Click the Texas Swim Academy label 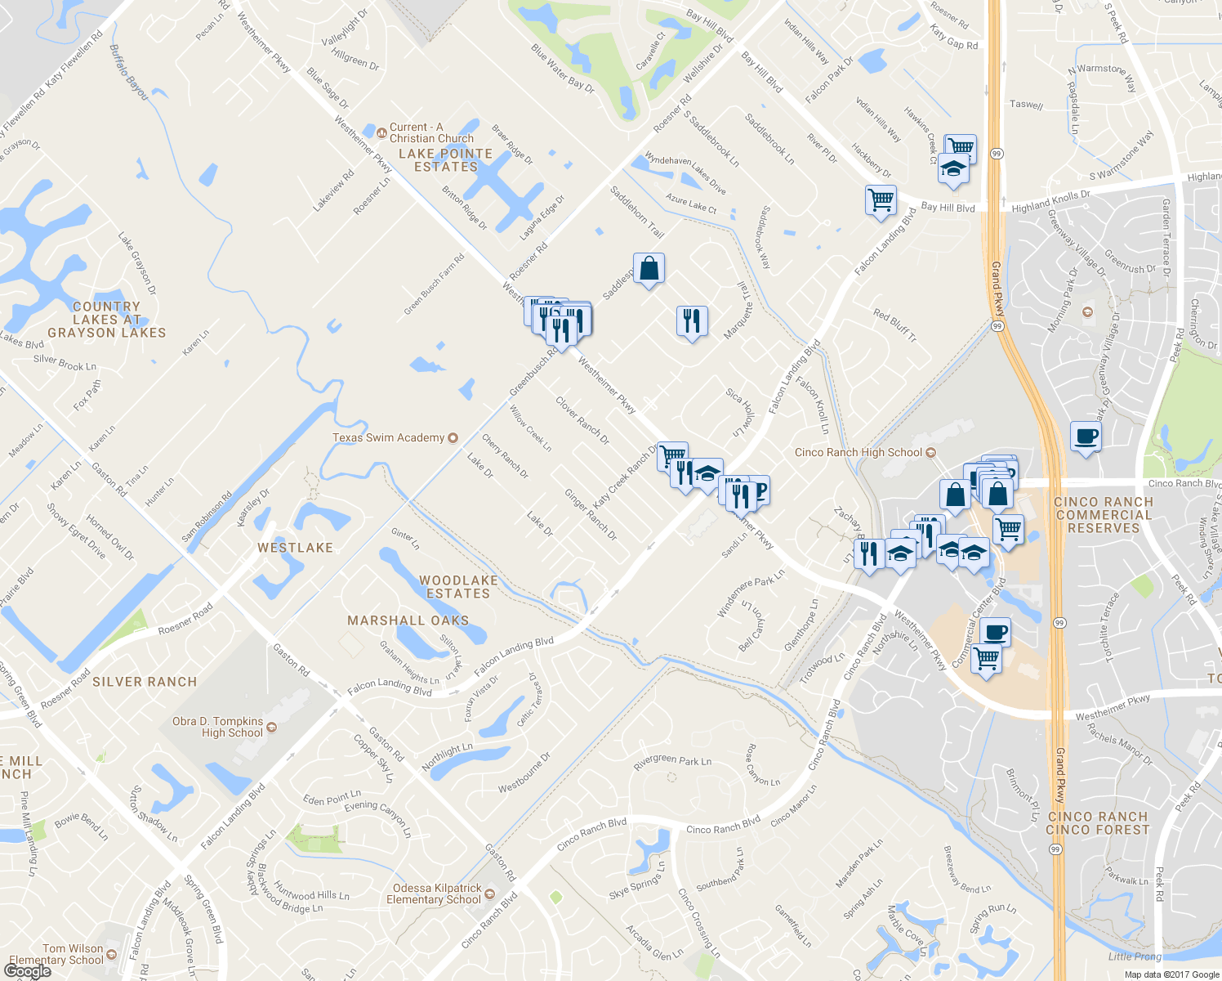[389, 438]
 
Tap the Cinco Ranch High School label [859, 453]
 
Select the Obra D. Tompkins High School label [217, 727]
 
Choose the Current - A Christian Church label [430, 132]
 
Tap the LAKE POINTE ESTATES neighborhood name [445, 160]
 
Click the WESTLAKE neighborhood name [295, 548]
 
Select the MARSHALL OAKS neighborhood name [408, 620]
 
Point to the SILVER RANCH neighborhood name [145, 682]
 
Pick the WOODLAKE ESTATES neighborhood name [458, 587]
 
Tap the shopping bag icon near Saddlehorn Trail [649, 268]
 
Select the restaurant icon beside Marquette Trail [692, 320]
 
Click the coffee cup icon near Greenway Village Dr [1086, 436]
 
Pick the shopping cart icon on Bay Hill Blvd [881, 199]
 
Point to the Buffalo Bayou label [129, 73]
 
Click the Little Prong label [1135, 956]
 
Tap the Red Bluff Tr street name [894, 325]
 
